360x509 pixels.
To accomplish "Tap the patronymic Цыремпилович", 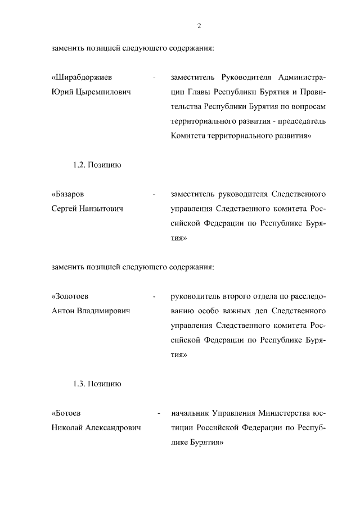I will click(x=99, y=92).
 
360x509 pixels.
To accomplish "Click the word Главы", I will click(x=198, y=92).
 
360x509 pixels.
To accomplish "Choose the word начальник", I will click(x=188, y=413).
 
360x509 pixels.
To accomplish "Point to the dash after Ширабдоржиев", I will click(x=154, y=78).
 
